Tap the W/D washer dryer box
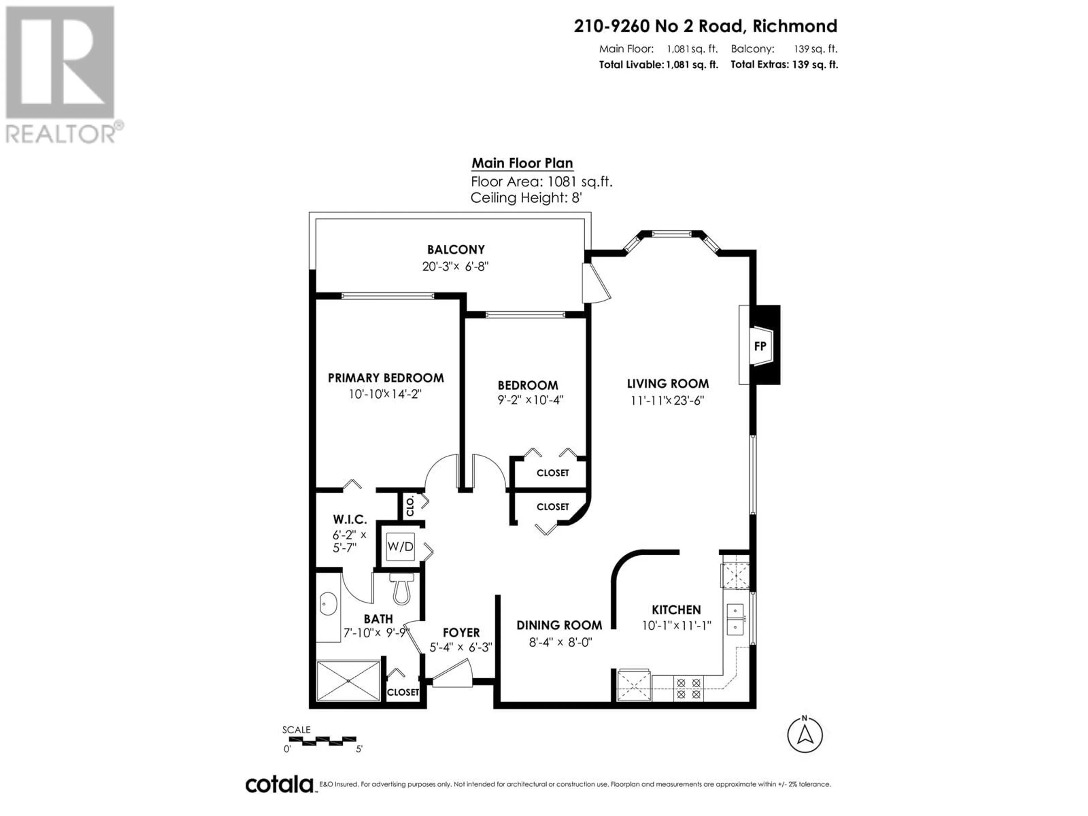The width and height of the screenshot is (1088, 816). pyautogui.click(x=400, y=547)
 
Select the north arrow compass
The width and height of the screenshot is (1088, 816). pyautogui.click(x=805, y=735)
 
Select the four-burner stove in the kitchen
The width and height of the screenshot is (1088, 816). pyautogui.click(x=688, y=688)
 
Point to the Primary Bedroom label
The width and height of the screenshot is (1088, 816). pyautogui.click(x=386, y=378)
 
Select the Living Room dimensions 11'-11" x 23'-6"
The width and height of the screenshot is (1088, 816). pyautogui.click(x=668, y=400)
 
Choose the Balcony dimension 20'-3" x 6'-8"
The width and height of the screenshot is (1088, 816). pyautogui.click(x=455, y=267)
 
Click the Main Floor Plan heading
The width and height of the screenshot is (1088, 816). pyautogui.click(x=522, y=163)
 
